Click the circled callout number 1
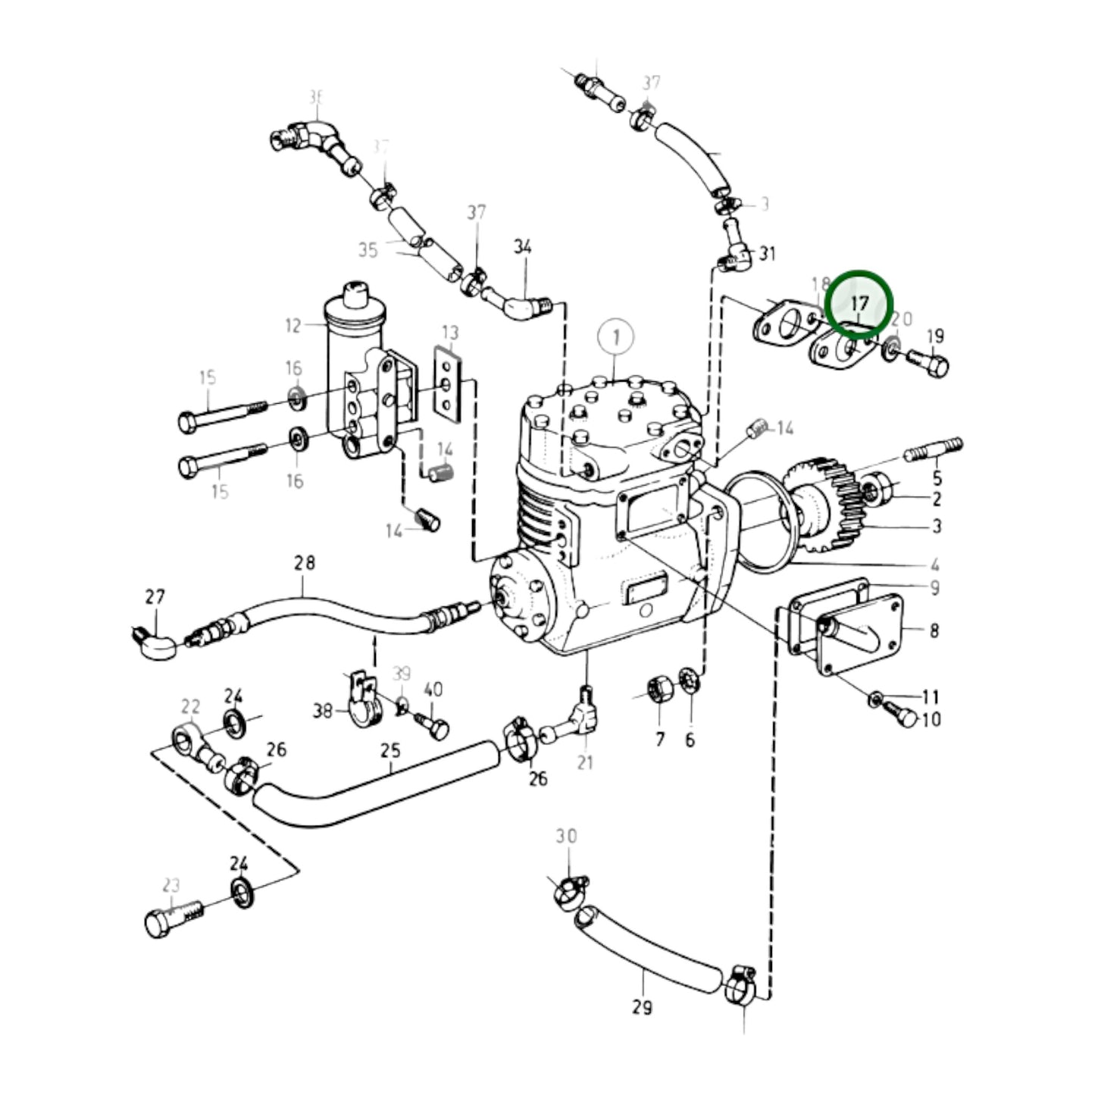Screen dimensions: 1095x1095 616,336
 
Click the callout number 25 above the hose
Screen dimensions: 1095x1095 390,751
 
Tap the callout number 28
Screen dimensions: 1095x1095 305,563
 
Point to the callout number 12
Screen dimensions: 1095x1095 293,326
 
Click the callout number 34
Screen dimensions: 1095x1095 523,247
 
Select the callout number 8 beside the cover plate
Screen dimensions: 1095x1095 934,630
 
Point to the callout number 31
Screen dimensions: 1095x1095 768,253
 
